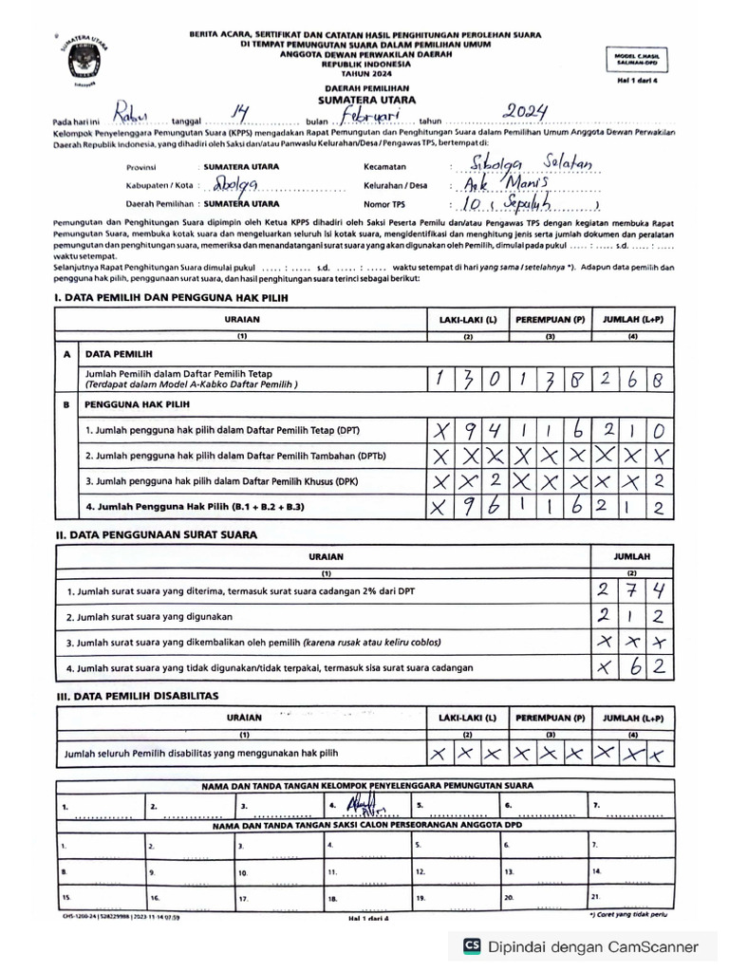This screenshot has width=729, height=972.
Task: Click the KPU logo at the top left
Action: click(x=86, y=63)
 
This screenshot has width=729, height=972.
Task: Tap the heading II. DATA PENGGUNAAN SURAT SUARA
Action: click(x=155, y=534)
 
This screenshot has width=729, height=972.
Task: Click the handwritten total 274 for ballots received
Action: click(x=630, y=591)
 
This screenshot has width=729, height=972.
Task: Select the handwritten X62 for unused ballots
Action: click(x=630, y=667)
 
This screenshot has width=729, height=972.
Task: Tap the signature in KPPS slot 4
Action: click(x=361, y=808)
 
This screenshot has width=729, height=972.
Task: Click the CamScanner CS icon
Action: click(x=471, y=946)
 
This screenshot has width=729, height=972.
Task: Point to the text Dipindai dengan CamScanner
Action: click(x=593, y=946)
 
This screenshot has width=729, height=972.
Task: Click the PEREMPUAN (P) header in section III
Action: click(x=551, y=718)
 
